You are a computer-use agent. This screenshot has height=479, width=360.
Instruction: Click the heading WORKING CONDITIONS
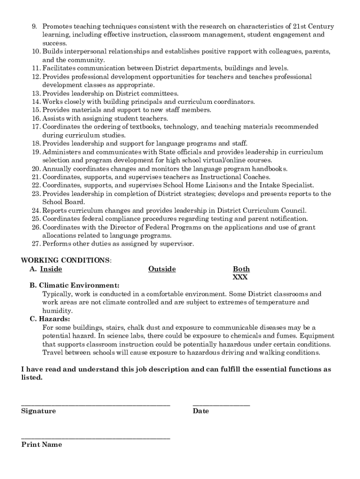(66, 260)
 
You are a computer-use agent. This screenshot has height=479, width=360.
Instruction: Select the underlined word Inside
(51, 269)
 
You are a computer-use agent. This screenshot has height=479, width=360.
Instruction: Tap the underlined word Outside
(162, 269)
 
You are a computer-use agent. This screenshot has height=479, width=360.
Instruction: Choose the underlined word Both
(241, 269)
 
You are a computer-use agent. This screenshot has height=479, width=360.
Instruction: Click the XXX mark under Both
(240, 277)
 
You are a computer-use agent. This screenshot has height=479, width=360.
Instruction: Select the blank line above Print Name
(95, 438)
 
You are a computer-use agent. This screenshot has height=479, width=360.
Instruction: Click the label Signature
(38, 411)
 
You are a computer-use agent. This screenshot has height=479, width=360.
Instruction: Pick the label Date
(201, 411)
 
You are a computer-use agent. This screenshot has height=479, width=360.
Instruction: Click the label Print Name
(42, 445)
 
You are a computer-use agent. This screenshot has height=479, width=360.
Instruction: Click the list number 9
(34, 27)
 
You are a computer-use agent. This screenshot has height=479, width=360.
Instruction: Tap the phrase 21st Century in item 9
(313, 27)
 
